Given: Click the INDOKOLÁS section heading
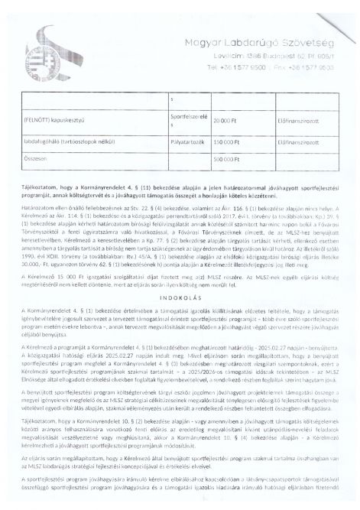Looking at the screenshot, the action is [x=180, y=297].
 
